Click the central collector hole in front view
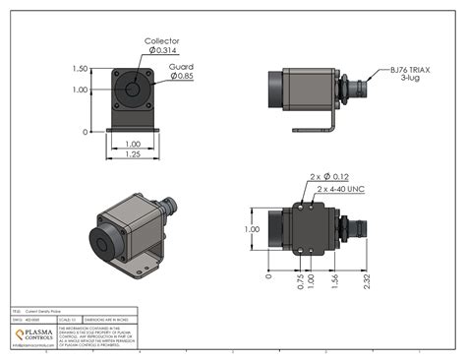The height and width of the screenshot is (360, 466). tap(131, 90)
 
